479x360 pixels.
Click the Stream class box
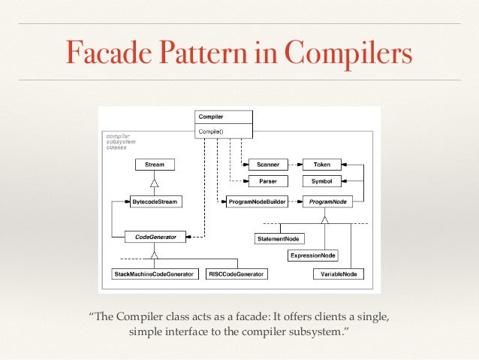(x=154, y=164)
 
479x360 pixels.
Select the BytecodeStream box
(x=155, y=201)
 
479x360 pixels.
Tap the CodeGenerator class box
(x=155, y=237)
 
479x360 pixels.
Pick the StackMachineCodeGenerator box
(x=154, y=274)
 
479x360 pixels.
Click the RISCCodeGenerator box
(x=236, y=274)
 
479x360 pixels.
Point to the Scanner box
(x=267, y=164)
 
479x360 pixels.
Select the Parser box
(x=267, y=181)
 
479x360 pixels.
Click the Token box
(x=321, y=164)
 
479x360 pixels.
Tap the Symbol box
(x=321, y=181)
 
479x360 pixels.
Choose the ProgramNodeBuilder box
(x=256, y=201)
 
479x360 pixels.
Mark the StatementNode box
(x=279, y=239)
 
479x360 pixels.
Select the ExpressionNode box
(x=312, y=256)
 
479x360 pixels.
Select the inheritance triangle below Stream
(x=154, y=183)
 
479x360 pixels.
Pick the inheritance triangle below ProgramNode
(x=324, y=219)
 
